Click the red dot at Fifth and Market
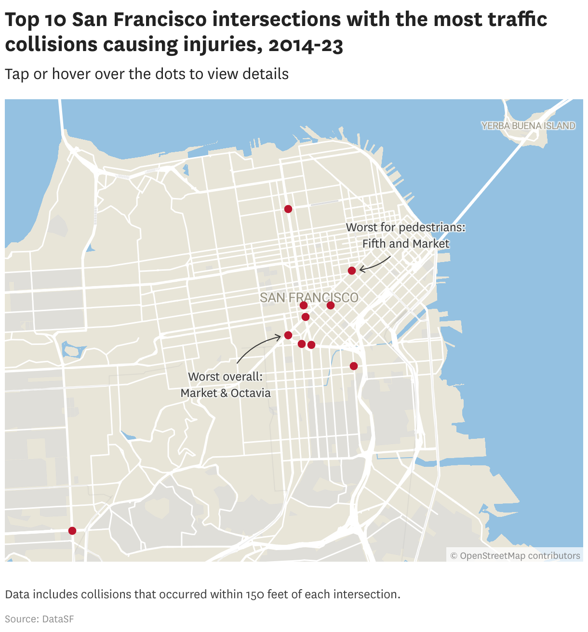coord(352,271)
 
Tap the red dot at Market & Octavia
coord(288,335)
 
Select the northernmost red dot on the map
coord(288,209)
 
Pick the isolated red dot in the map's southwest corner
coord(72,531)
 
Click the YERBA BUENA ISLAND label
coord(528,126)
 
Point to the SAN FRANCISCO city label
coord(309,298)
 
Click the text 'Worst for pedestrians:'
coord(406,227)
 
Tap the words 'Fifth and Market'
coord(406,244)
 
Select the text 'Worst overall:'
coord(225,377)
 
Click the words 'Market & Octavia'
coord(226,393)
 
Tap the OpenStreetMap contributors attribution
coord(515,556)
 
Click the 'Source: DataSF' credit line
coord(40,619)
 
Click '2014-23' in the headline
coord(306,45)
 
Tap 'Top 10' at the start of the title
coord(36,20)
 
